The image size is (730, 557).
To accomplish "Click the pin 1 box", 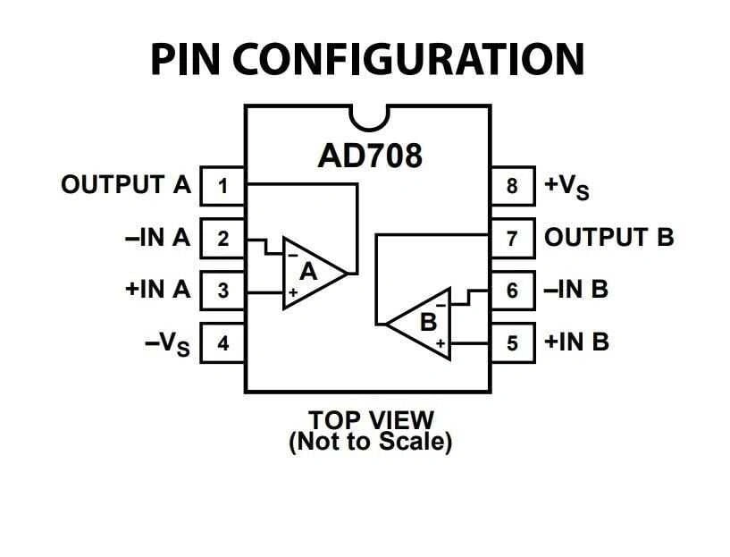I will (222, 187).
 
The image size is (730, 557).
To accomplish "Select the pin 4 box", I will (222, 343).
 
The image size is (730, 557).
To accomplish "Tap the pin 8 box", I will (512, 187).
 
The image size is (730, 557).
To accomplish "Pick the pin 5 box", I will (512, 343).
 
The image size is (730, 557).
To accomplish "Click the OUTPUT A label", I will (126, 186).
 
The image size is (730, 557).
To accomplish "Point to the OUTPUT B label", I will (608, 238).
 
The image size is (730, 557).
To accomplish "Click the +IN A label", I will (158, 290).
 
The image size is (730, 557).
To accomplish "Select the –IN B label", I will (576, 290).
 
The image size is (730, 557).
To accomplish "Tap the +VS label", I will (566, 187).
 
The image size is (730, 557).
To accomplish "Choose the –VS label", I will (167, 344).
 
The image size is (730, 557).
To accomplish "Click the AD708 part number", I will (369, 156).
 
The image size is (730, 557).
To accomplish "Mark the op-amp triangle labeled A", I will (309, 273).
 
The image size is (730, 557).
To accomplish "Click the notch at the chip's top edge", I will (368, 115).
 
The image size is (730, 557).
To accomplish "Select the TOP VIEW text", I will (370, 419).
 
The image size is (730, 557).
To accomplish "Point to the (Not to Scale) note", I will (370, 441).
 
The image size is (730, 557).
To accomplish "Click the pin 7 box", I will (512, 239).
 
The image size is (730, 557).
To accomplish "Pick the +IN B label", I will (576, 342).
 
